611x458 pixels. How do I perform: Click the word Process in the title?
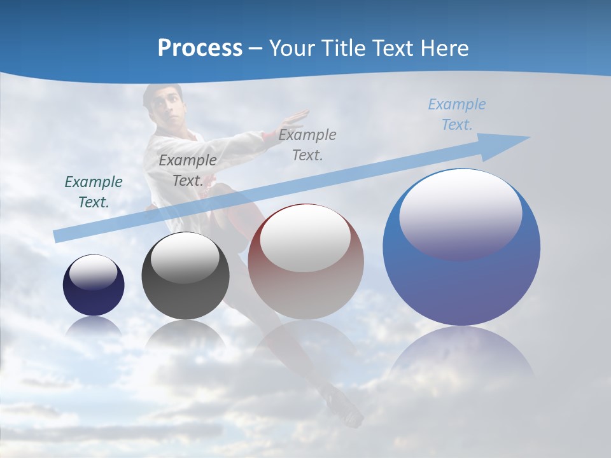pyautogui.click(x=200, y=48)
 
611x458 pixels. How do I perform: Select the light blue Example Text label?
pyautogui.click(x=457, y=114)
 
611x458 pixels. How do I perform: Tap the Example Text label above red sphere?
pyautogui.click(x=307, y=144)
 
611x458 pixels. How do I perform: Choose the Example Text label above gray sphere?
pyautogui.click(x=188, y=170)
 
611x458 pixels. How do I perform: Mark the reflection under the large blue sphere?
pyautogui.click(x=461, y=356)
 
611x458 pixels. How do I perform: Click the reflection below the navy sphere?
pyautogui.click(x=94, y=328)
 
